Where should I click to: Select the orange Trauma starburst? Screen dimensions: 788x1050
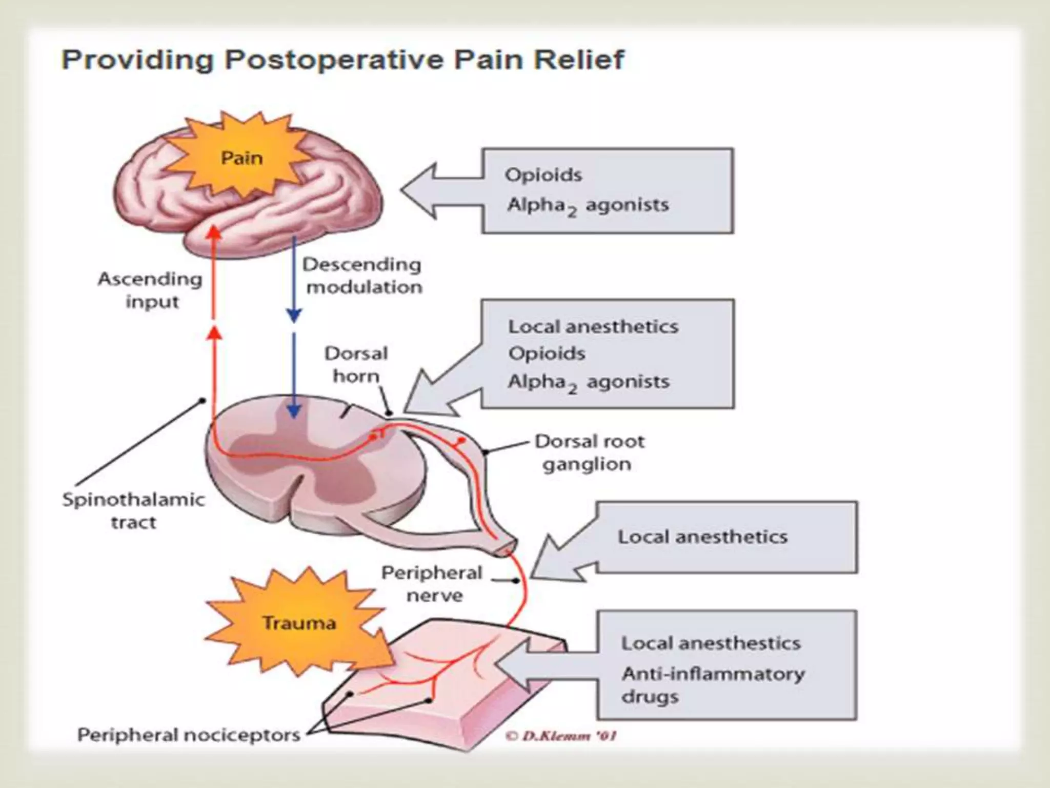(x=299, y=623)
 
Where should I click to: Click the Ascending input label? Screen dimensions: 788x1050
(x=151, y=290)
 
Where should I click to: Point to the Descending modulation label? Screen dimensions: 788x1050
(x=362, y=275)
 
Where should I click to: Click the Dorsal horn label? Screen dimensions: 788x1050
(x=356, y=364)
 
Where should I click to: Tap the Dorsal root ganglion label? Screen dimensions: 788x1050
(x=589, y=452)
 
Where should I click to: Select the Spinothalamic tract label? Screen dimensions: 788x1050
(x=133, y=510)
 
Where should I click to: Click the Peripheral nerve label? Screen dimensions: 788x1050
(x=432, y=584)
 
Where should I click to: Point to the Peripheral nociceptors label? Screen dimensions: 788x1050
(x=189, y=735)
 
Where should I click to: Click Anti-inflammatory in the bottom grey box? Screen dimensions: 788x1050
(x=713, y=674)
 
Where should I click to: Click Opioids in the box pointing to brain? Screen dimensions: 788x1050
(x=543, y=175)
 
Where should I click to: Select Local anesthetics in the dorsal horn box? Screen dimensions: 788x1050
(x=593, y=327)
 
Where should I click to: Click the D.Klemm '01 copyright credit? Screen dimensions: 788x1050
(x=561, y=736)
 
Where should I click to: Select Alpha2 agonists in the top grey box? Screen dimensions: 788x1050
(x=588, y=206)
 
